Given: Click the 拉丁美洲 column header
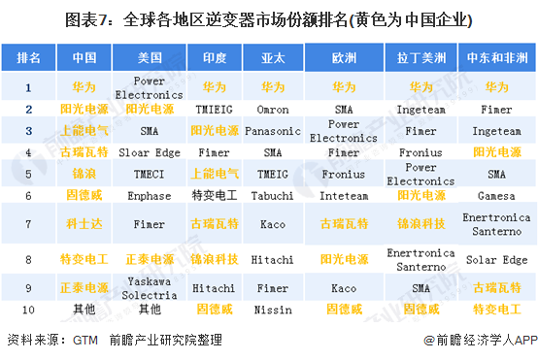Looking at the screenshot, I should point(420,58).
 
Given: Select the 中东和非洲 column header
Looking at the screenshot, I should point(495,58).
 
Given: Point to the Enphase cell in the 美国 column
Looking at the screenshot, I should point(149,195).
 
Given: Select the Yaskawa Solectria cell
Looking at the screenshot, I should point(149,287).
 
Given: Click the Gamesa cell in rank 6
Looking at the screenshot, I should point(495,195).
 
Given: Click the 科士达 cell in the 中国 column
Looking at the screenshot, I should point(84,224).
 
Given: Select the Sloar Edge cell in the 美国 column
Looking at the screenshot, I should point(149,152).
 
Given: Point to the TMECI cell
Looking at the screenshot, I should point(149,174).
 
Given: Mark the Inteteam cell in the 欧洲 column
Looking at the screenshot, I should point(344,195).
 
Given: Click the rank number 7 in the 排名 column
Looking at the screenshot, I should point(28,224).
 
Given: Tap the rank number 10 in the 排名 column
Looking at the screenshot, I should point(28,309).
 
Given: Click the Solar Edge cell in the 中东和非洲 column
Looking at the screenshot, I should point(495,259).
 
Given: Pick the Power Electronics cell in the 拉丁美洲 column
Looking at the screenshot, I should point(420,174).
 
